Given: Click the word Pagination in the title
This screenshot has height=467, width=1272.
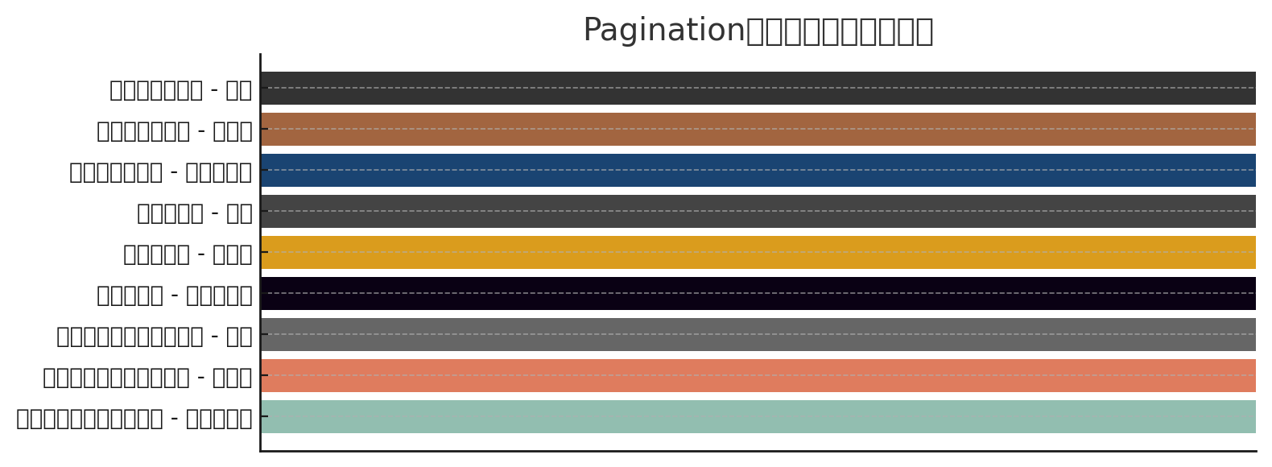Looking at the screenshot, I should [x=664, y=31].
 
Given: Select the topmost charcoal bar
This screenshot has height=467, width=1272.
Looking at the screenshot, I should [x=757, y=88].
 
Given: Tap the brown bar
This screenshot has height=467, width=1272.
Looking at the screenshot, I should [x=757, y=129].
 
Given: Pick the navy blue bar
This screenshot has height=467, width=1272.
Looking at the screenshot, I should [x=757, y=170].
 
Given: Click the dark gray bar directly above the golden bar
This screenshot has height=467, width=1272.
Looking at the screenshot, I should [x=757, y=211].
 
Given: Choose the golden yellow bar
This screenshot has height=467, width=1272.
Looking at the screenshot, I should [x=757, y=252].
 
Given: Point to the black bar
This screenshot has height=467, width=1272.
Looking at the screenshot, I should [x=757, y=293].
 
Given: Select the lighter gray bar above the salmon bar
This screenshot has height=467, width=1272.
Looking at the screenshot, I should [x=757, y=334].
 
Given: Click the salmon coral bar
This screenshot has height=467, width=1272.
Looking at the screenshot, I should [x=757, y=375].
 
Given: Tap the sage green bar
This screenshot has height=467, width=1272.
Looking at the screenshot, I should [x=757, y=416].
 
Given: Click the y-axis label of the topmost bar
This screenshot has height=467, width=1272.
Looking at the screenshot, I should [x=181, y=89].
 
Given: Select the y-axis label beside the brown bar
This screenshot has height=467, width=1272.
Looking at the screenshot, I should [x=175, y=130].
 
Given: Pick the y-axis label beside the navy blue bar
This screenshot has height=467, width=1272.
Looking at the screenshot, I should [x=161, y=172].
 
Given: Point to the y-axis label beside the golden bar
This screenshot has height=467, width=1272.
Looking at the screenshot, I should [x=188, y=254].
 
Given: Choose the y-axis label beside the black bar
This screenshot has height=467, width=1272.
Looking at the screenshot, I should [x=175, y=295].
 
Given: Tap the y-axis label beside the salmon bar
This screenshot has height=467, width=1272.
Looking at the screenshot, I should [x=147, y=377].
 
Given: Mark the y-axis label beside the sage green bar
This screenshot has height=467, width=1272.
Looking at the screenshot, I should [x=134, y=418].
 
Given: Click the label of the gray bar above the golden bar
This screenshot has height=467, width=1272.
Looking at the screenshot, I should [x=195, y=213].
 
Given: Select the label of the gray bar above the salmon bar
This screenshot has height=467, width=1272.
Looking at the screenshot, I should [x=155, y=336].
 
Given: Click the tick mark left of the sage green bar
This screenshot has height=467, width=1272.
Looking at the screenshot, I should [x=264, y=416].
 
